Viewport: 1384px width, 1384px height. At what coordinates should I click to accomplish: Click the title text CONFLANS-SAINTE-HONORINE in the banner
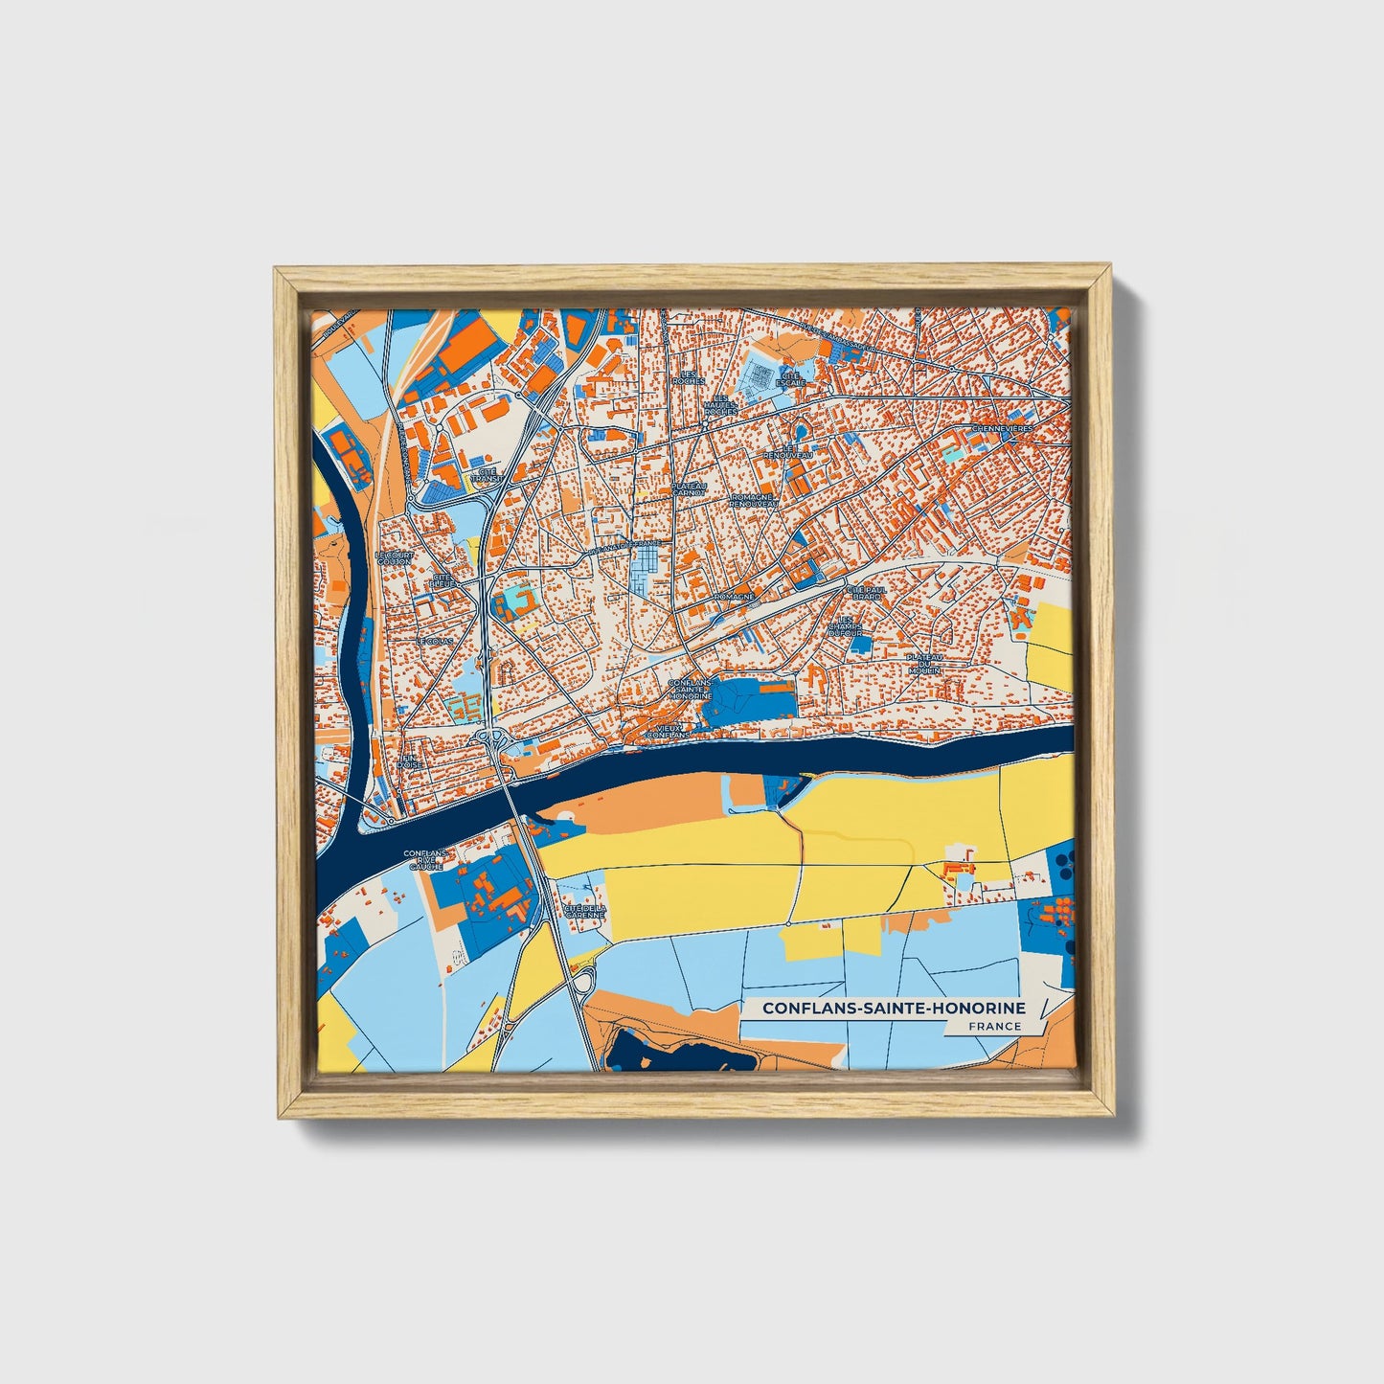[893, 1008]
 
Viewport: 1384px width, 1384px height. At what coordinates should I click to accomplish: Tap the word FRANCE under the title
[994, 1026]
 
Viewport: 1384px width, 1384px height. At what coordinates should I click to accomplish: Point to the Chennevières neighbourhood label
[1003, 429]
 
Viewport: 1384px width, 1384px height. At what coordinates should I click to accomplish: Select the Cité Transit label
[488, 474]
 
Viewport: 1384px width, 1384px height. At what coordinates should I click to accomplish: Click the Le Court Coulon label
[393, 557]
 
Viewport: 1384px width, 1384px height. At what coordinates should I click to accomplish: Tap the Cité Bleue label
[443, 580]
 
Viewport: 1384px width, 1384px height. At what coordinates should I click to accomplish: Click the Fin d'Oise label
[409, 760]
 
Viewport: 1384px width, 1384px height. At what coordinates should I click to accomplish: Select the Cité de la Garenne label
[584, 911]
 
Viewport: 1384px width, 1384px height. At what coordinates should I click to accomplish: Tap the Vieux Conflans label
[668, 731]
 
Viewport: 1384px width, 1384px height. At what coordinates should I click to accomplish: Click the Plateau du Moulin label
[926, 664]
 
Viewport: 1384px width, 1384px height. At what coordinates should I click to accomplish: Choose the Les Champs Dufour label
[846, 626]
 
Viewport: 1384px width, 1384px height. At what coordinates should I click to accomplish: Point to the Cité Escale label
[791, 377]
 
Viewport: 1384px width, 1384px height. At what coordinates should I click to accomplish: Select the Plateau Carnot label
[688, 489]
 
